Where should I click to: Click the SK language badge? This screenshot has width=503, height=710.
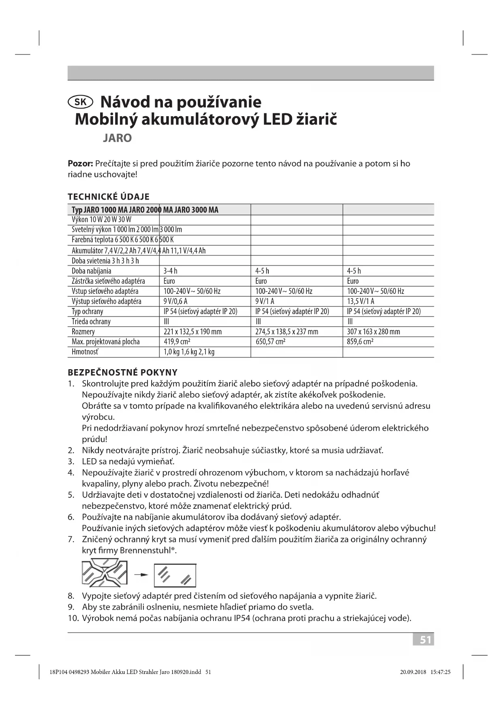[81, 102]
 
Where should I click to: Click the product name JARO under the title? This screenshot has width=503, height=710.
[117, 138]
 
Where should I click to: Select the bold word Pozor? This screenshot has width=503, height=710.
[80, 164]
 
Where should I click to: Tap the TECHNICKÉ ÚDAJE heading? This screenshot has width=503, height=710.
[109, 197]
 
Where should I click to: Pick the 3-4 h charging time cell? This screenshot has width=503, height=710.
[171, 271]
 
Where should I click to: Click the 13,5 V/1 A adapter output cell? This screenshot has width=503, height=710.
[361, 301]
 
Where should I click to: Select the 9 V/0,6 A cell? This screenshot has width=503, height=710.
[176, 301]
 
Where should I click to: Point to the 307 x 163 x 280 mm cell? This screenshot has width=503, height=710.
[373, 332]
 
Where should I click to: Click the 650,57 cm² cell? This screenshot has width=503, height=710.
[270, 342]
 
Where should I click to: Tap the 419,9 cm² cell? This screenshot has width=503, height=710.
[177, 342]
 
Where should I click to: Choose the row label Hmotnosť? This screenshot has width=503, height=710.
[85, 352]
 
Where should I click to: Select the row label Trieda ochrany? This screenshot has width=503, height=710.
[91, 321]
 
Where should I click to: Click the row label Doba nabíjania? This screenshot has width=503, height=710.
[92, 271]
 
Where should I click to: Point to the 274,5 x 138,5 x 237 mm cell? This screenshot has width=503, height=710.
[287, 332]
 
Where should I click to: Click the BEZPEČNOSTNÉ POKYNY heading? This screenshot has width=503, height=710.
[122, 372]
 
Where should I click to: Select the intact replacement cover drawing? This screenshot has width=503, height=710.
[175, 575]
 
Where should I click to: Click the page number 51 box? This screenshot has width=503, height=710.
[424, 640]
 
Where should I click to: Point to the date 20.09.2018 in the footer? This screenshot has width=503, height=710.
[413, 672]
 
